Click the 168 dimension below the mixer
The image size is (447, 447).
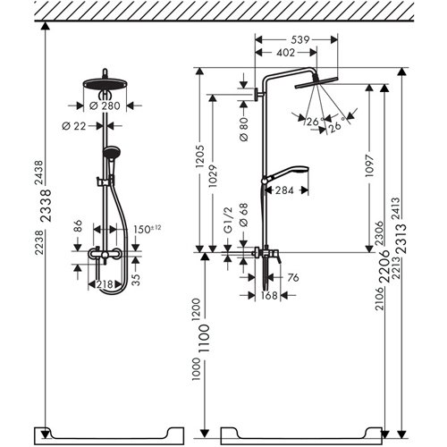tap(267, 296)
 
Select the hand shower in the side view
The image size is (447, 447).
tap(288, 172)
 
